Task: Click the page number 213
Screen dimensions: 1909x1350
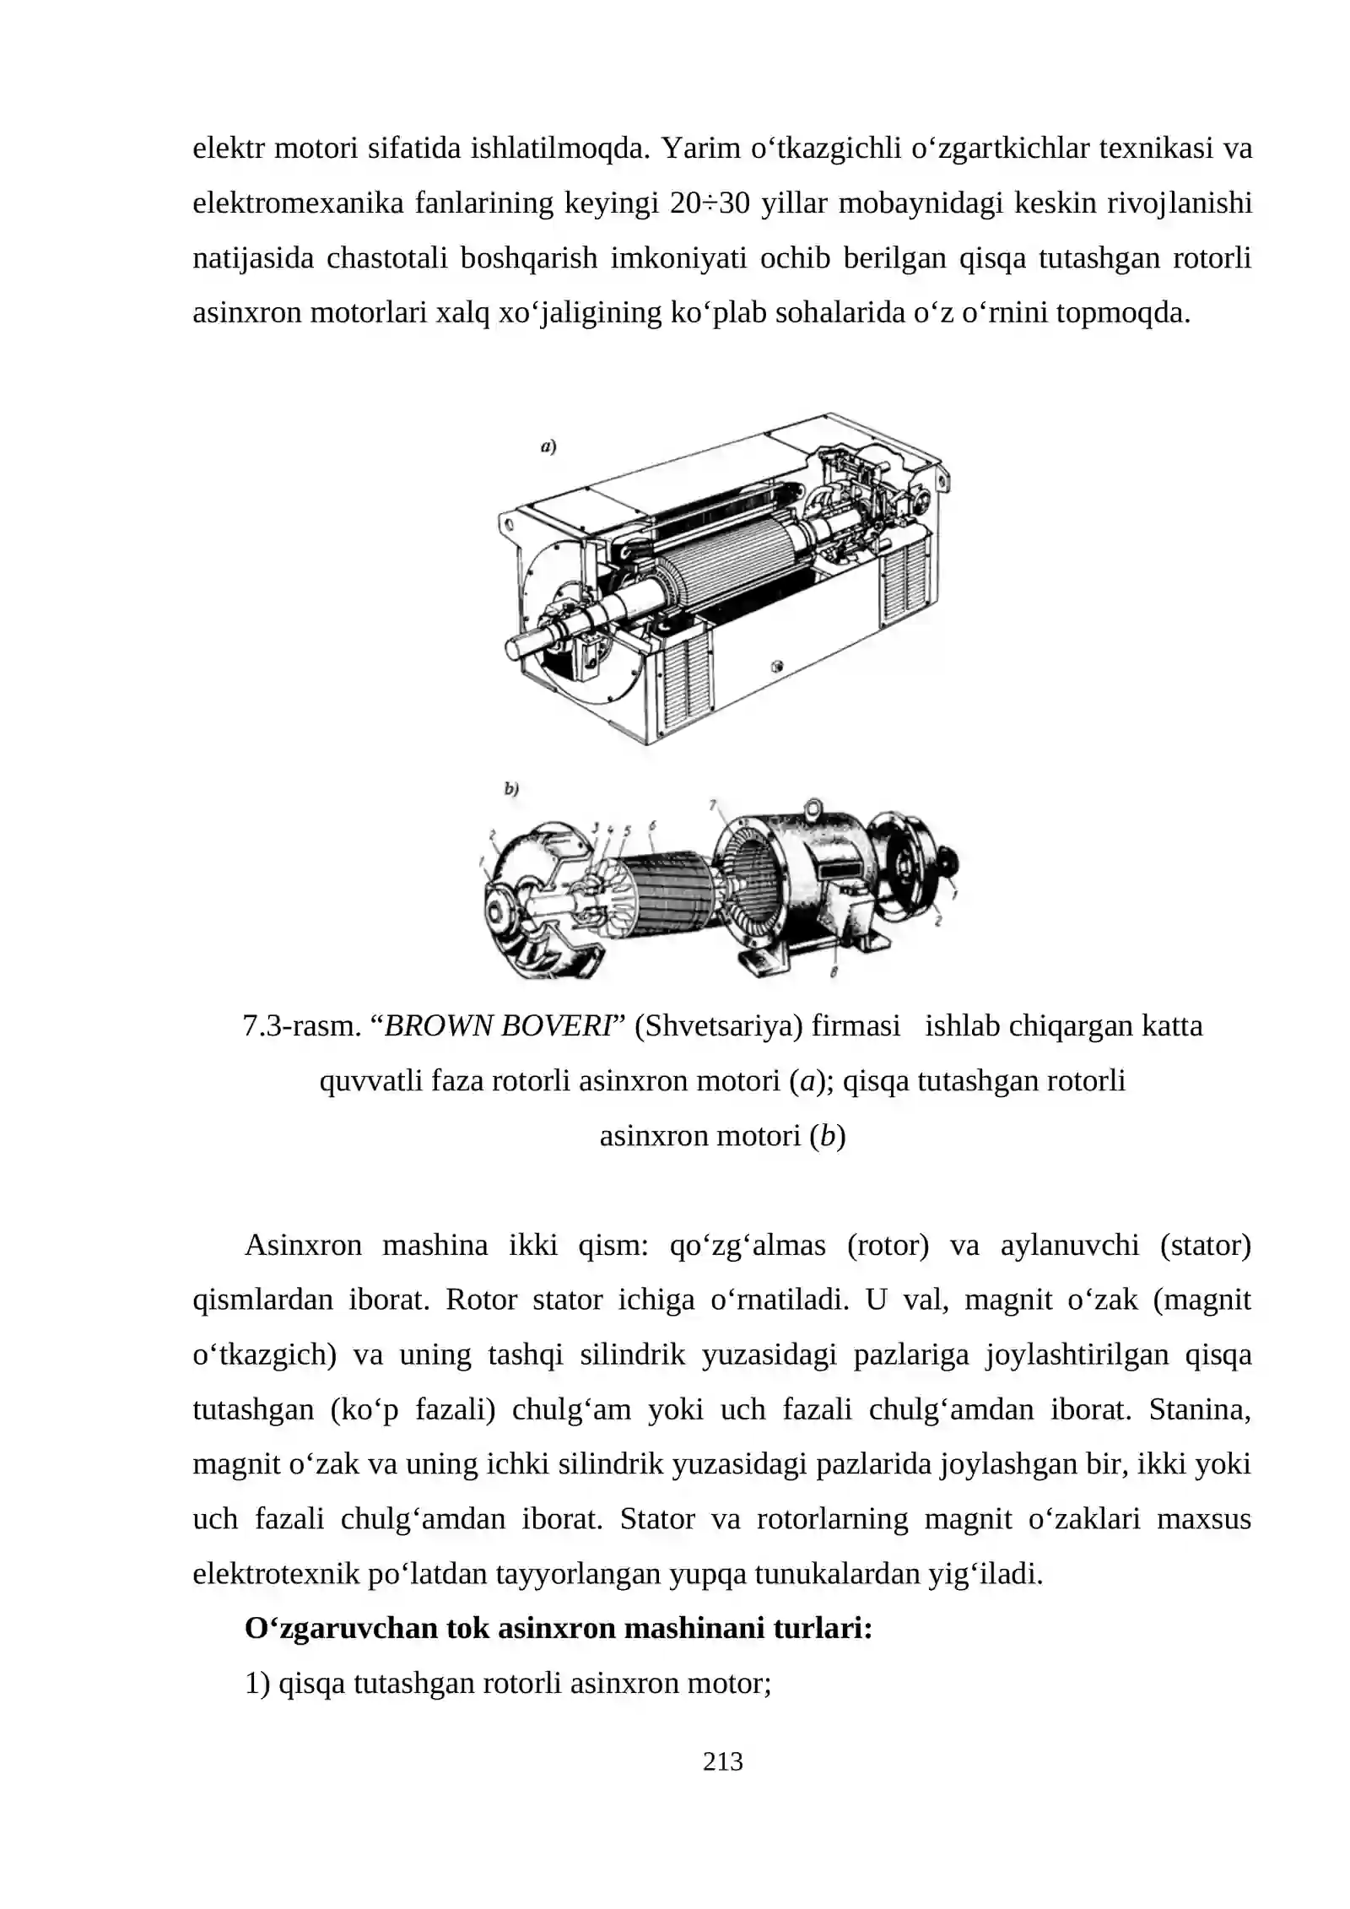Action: pos(722,1762)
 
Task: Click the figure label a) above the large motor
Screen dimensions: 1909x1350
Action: pos(548,447)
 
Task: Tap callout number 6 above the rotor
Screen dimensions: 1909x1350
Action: pos(652,825)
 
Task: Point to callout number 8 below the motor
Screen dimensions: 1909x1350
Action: pos(833,973)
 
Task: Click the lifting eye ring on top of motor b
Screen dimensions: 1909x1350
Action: pos(813,808)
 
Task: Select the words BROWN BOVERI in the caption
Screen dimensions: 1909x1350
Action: pos(499,1026)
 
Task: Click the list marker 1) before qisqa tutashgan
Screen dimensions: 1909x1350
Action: pos(257,1683)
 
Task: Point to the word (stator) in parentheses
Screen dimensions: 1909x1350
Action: pos(1205,1245)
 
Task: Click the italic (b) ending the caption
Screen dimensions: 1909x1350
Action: pos(827,1136)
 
